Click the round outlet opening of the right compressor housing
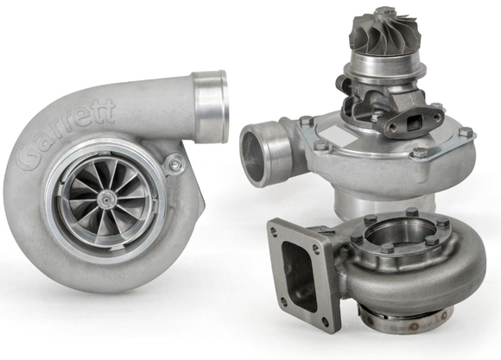click(257, 153)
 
